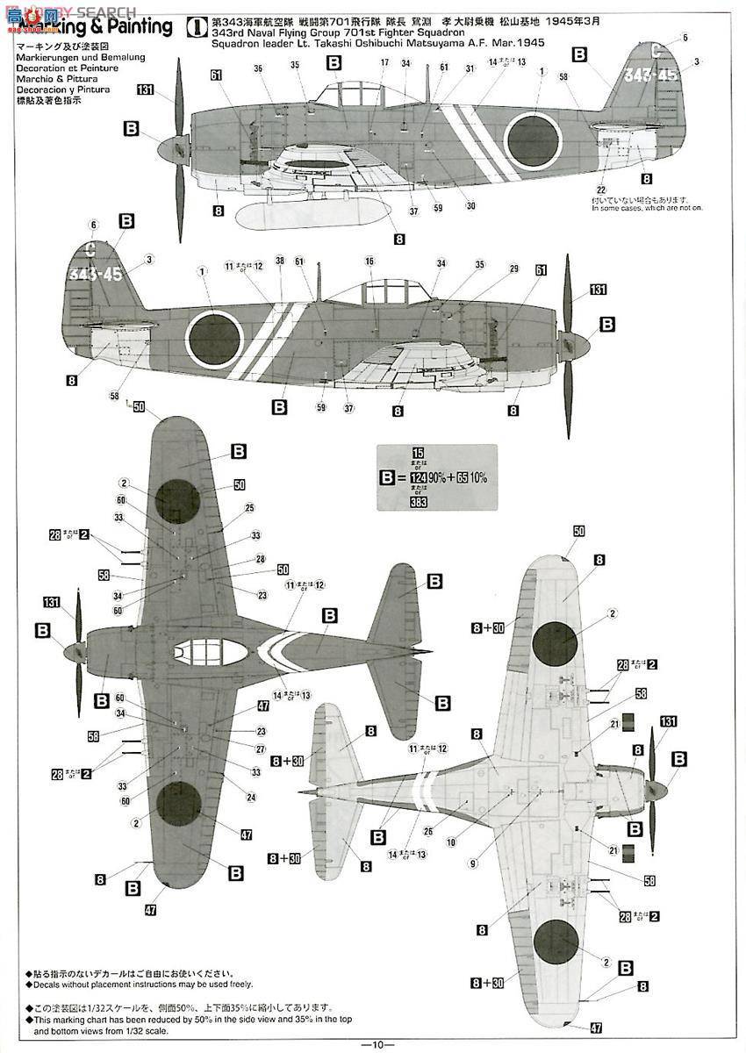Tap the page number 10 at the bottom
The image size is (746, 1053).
tap(372, 1044)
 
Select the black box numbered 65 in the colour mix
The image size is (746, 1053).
tap(463, 477)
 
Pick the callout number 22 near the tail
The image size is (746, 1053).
tap(601, 190)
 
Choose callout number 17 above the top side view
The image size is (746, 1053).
tap(384, 62)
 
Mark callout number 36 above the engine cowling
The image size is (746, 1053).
tap(258, 68)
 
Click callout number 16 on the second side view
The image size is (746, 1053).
tap(369, 261)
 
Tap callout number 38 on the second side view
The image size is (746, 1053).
tap(279, 261)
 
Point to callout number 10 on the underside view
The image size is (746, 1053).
tap(450, 842)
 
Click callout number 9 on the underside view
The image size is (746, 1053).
tap(473, 863)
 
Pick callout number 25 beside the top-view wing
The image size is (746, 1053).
tap(249, 508)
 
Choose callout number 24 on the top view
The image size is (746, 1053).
tap(251, 798)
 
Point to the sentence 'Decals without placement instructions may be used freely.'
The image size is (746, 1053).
tap(157, 985)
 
